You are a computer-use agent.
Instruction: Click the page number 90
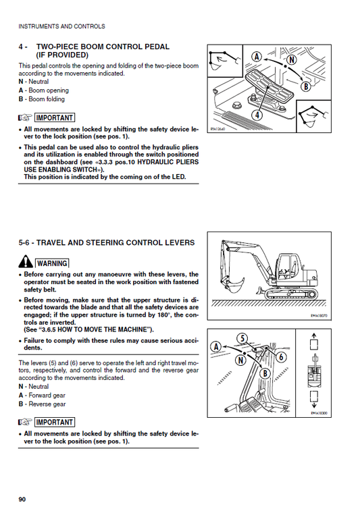[22, 499]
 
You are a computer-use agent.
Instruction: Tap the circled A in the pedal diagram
[257, 56]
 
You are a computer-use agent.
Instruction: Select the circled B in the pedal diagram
[306, 86]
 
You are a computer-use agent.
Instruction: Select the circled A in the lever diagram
[216, 346]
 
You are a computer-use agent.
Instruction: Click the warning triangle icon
[26, 262]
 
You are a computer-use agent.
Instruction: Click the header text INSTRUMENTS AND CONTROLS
[61, 27]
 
